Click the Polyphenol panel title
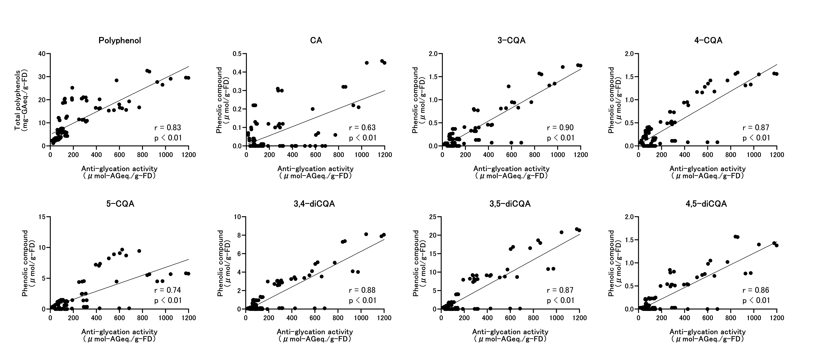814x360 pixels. [x=120, y=40]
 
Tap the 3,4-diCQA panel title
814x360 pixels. [x=314, y=204]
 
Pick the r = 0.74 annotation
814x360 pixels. [x=167, y=290]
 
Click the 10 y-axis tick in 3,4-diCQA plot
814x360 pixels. [x=238, y=217]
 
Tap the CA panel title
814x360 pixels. [x=316, y=40]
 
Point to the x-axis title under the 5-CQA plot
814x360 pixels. [x=120, y=335]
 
